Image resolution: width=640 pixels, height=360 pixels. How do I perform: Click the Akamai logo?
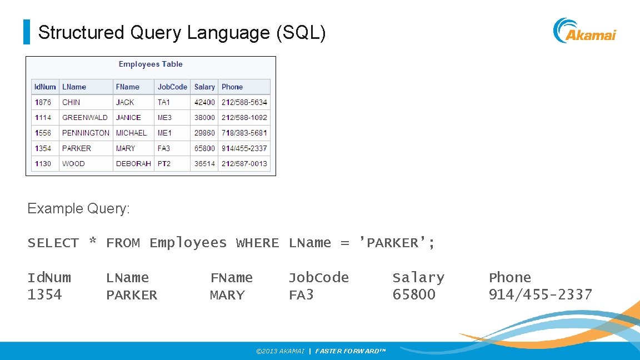[x=584, y=31]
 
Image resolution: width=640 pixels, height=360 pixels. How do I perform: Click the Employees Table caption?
[x=151, y=64]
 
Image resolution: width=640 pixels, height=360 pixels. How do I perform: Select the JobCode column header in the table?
[x=172, y=87]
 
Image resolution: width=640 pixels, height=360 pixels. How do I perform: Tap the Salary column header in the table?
[x=204, y=87]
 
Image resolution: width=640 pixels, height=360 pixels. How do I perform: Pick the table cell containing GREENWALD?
[x=85, y=118]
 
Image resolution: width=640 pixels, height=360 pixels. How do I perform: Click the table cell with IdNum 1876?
[x=43, y=102]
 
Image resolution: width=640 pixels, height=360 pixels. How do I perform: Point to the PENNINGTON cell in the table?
[x=86, y=133]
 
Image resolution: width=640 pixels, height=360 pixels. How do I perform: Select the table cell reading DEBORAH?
[x=133, y=164]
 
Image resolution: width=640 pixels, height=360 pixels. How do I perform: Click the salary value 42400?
[x=204, y=102]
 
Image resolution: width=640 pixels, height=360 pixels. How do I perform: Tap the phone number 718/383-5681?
[x=244, y=133]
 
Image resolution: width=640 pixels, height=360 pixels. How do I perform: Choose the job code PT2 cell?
[x=164, y=164]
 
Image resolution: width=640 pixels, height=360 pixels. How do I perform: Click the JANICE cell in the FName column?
[x=128, y=118]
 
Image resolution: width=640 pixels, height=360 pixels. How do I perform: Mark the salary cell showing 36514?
[x=204, y=164]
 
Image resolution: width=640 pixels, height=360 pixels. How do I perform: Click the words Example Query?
[x=78, y=208]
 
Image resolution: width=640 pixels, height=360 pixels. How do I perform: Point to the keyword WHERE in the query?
[x=257, y=243]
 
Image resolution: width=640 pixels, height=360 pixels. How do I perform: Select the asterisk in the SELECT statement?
[x=93, y=242]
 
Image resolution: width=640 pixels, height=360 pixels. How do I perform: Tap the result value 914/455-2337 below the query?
[x=540, y=294]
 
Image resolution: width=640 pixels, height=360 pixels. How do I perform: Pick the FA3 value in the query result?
[x=301, y=295]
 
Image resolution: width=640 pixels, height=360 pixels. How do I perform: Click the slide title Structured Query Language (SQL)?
[x=182, y=33]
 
